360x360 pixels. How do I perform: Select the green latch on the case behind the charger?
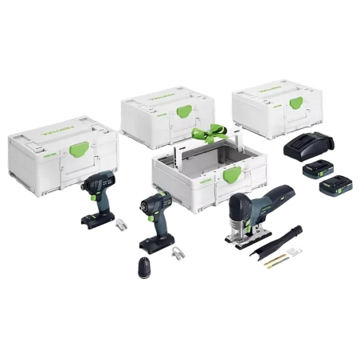click(x=294, y=104)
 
